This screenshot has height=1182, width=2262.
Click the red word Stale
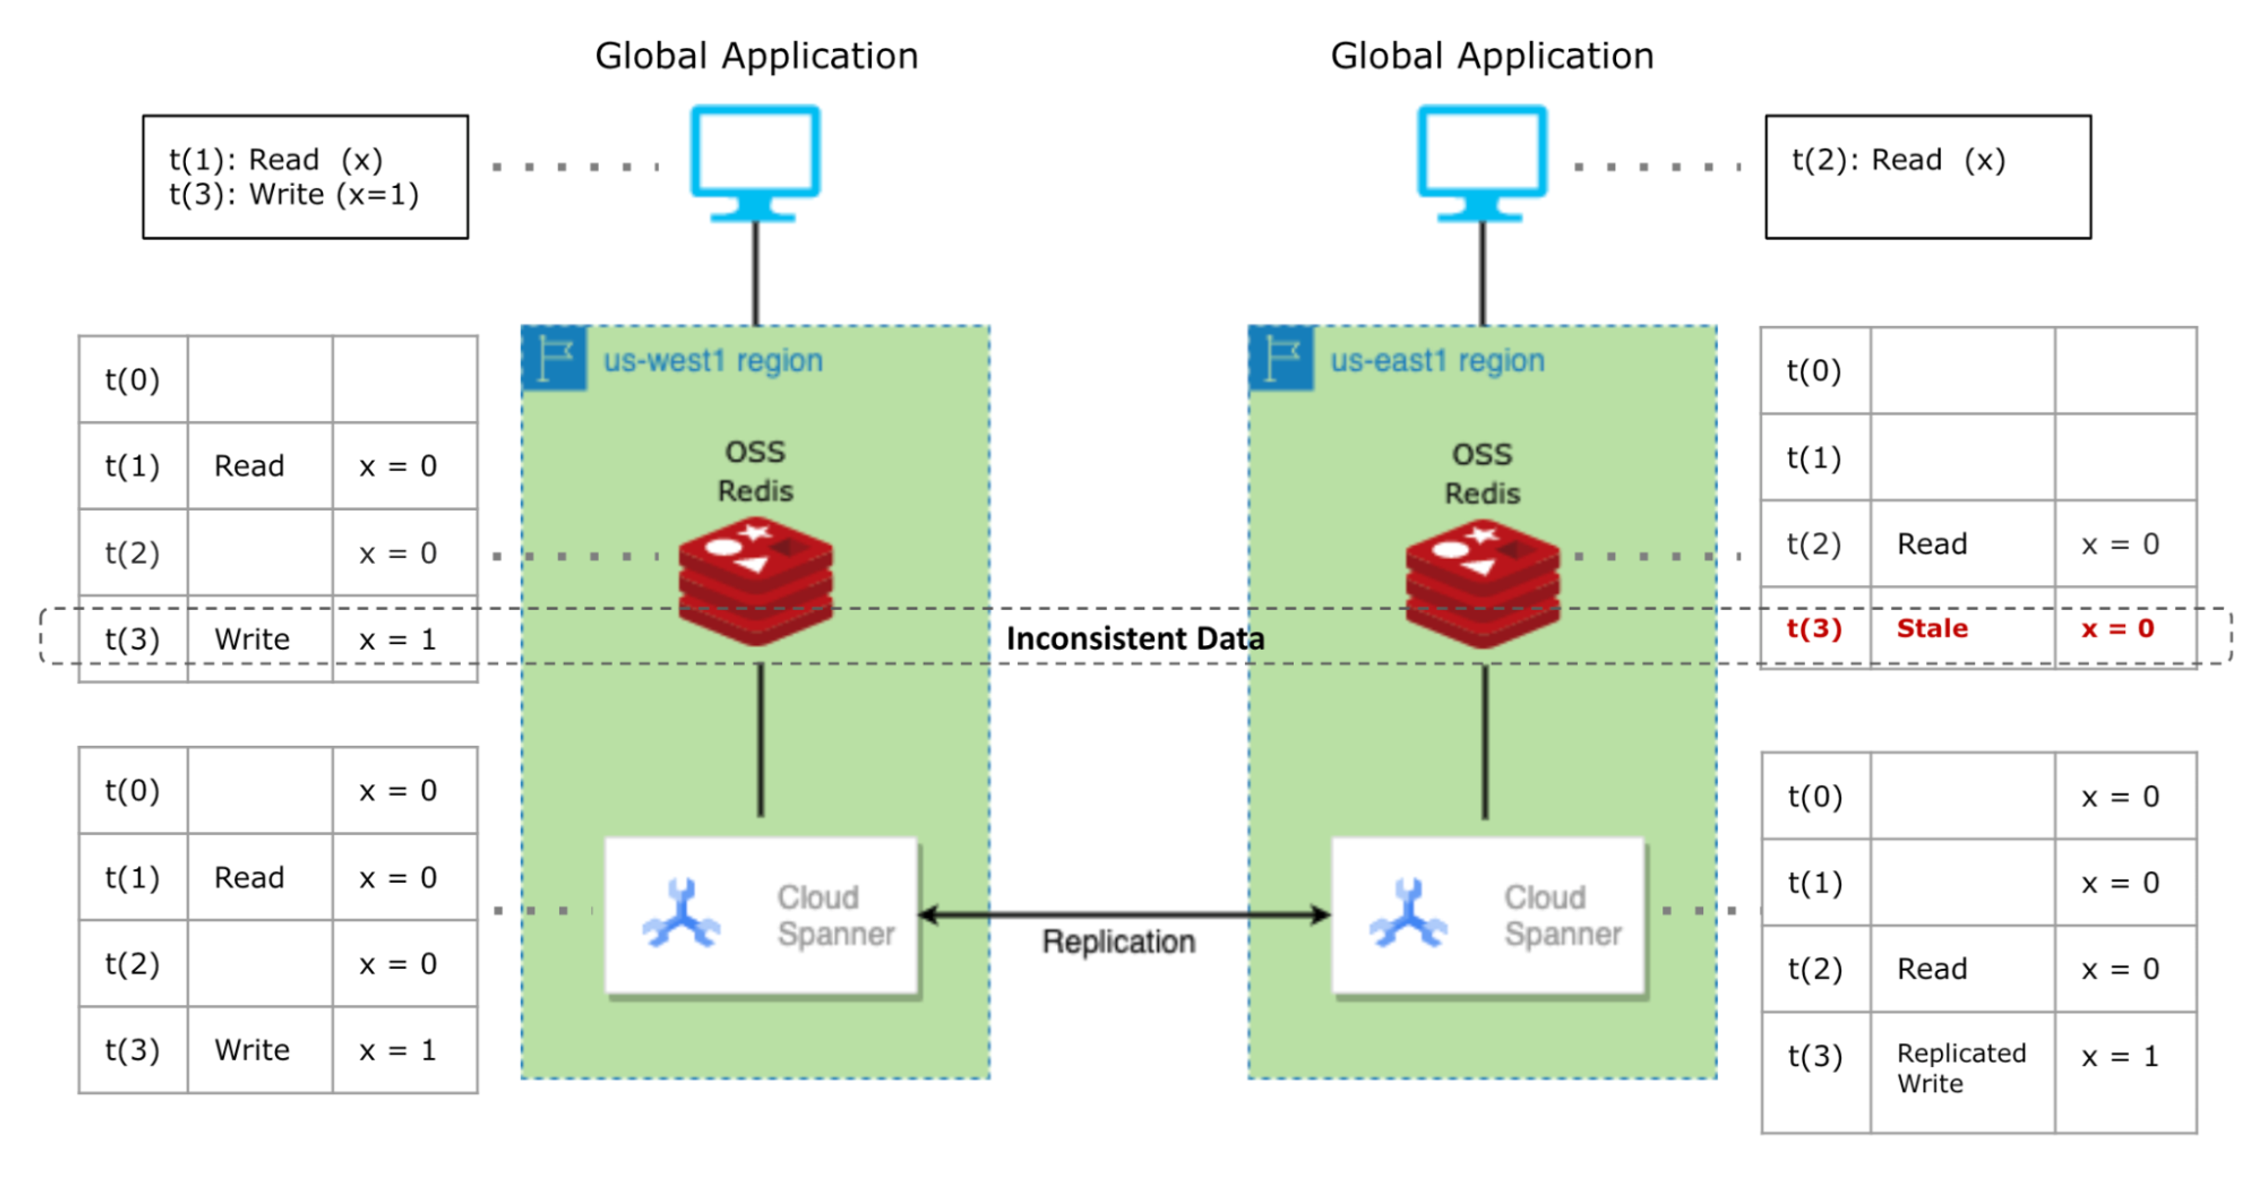(1932, 629)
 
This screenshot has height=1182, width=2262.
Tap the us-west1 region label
(712, 360)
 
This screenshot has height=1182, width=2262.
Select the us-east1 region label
(1437, 360)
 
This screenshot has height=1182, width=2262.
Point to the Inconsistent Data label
(1135, 638)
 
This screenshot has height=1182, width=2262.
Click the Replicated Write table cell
(1961, 1068)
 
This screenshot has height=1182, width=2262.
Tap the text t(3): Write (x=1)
(294, 195)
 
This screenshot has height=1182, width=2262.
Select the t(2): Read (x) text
(1899, 160)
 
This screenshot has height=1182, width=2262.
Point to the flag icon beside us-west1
(554, 358)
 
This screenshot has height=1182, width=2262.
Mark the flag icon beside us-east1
(1281, 358)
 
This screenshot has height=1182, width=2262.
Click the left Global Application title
(756, 56)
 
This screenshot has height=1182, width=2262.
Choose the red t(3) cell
(1814, 629)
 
